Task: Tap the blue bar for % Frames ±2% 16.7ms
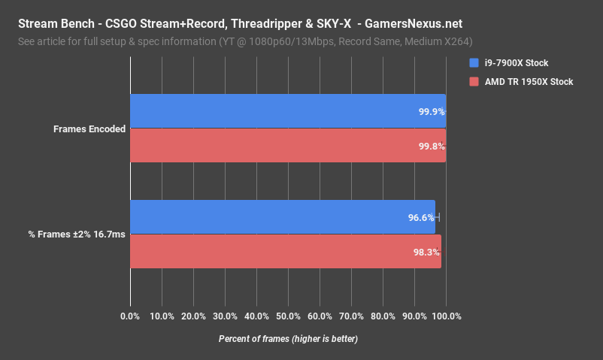click(x=283, y=217)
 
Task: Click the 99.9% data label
click(x=432, y=111)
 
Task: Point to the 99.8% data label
click(x=432, y=146)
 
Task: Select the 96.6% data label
click(x=421, y=218)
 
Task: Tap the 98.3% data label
click(x=426, y=253)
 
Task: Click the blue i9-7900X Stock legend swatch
click(x=474, y=62)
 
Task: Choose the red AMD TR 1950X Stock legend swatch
click(x=474, y=81)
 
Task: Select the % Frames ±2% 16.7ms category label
click(x=77, y=234)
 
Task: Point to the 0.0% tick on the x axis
click(x=130, y=316)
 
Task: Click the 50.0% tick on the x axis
click(x=288, y=316)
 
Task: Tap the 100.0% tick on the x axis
click(x=446, y=316)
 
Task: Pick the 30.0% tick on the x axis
click(x=225, y=316)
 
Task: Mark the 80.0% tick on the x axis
click(x=383, y=316)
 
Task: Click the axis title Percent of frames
click(x=288, y=339)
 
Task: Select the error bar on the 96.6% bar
click(x=437, y=217)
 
